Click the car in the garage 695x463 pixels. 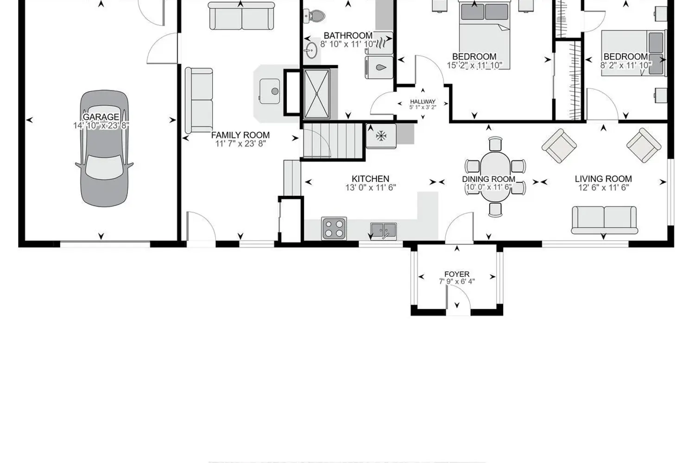coord(104,149)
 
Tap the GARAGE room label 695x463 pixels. coord(101,117)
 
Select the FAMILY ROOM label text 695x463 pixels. coord(240,135)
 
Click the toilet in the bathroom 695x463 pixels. coord(314,15)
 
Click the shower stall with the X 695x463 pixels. coord(316,94)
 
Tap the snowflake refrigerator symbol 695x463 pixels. coord(381,136)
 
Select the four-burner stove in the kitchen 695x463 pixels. coord(334,229)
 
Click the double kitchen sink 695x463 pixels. coord(384,231)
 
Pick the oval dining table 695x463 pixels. coord(495,176)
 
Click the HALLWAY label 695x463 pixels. coord(423,102)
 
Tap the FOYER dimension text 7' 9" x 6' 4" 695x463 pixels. coord(457,282)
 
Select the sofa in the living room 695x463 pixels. coord(604,220)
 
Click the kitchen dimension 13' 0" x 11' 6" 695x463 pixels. coord(371,188)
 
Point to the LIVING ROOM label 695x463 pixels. coord(603,179)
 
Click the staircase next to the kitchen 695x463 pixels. coord(333,141)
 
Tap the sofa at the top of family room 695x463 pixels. coord(241,16)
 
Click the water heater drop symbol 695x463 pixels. coord(381,67)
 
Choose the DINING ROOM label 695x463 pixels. coord(489,179)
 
